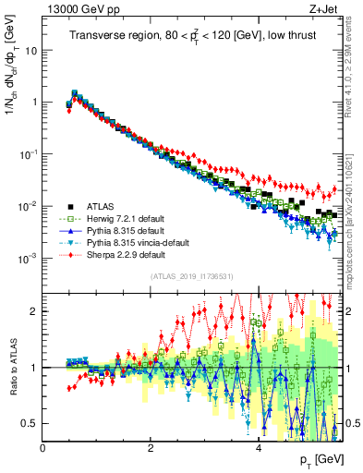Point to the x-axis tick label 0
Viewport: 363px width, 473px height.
(x=42, y=447)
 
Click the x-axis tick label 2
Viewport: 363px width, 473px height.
(x=151, y=447)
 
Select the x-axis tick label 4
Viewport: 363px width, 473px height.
(x=258, y=447)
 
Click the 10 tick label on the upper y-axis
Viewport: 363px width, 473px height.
(x=30, y=50)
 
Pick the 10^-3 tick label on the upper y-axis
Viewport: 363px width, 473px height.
(x=27, y=258)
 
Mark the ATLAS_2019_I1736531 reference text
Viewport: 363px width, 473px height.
(x=189, y=276)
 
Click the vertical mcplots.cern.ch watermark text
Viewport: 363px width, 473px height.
(x=355, y=212)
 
